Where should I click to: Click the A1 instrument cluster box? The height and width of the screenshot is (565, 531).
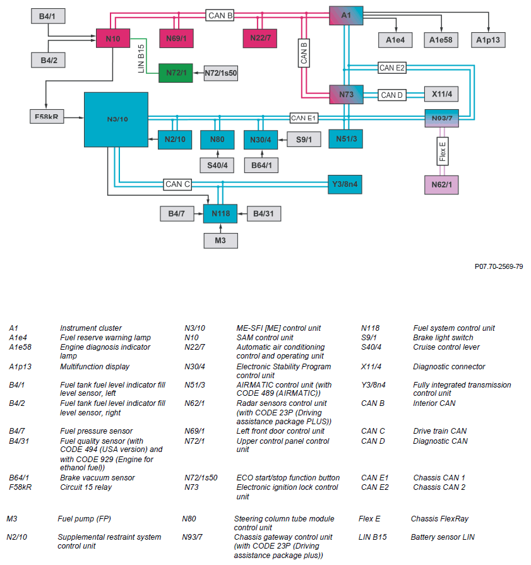pyautogui.click(x=346, y=15)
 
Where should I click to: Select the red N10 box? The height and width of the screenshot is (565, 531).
pyautogui.click(x=112, y=39)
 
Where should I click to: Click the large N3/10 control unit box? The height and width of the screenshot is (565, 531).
pyautogui.click(x=116, y=119)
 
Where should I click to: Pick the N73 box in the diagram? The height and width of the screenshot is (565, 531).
pyautogui.click(x=346, y=95)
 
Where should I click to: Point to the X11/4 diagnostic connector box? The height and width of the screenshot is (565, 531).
pyautogui.click(x=442, y=95)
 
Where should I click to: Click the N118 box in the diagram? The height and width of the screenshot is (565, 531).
pyautogui.click(x=220, y=214)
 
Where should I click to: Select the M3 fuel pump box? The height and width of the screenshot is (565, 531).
pyautogui.click(x=220, y=241)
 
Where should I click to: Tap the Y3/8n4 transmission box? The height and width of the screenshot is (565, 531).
pyautogui.click(x=345, y=184)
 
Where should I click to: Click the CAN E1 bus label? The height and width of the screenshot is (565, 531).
pyautogui.click(x=304, y=118)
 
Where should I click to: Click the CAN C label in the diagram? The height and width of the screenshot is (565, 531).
pyautogui.click(x=177, y=184)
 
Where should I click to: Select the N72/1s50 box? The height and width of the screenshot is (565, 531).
pyautogui.click(x=221, y=73)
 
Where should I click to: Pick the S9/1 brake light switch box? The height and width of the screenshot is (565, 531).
pyautogui.click(x=304, y=140)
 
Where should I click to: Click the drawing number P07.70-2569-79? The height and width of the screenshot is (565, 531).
pyautogui.click(x=498, y=266)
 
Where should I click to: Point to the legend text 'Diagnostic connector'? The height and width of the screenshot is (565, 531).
pyautogui.click(x=449, y=366)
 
